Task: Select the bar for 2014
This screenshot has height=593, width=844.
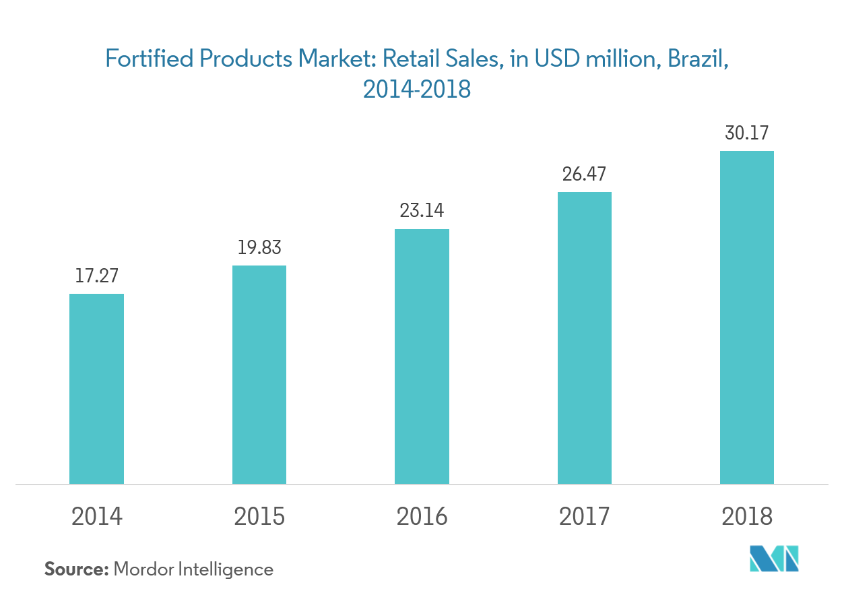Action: point(97,389)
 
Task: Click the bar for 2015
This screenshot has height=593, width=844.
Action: point(259,375)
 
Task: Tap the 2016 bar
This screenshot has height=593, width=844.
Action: point(422,356)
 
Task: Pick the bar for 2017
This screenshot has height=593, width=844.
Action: point(585,338)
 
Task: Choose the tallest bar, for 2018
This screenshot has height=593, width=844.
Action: point(747,317)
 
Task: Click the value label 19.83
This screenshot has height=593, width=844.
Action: point(259,247)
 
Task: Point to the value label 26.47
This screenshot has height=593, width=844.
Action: point(585,175)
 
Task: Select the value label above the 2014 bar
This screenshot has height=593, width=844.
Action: point(97,276)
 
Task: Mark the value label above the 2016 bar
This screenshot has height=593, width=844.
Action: point(422,211)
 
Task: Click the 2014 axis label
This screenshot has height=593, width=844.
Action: point(97,517)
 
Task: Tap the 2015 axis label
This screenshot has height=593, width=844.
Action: point(259,517)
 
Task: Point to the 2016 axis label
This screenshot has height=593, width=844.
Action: point(422,517)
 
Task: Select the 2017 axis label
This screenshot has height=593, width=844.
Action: point(585,517)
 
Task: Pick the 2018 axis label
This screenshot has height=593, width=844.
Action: point(747,517)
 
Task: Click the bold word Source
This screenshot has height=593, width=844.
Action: point(76,569)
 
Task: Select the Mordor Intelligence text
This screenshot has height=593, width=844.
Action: point(194,570)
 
